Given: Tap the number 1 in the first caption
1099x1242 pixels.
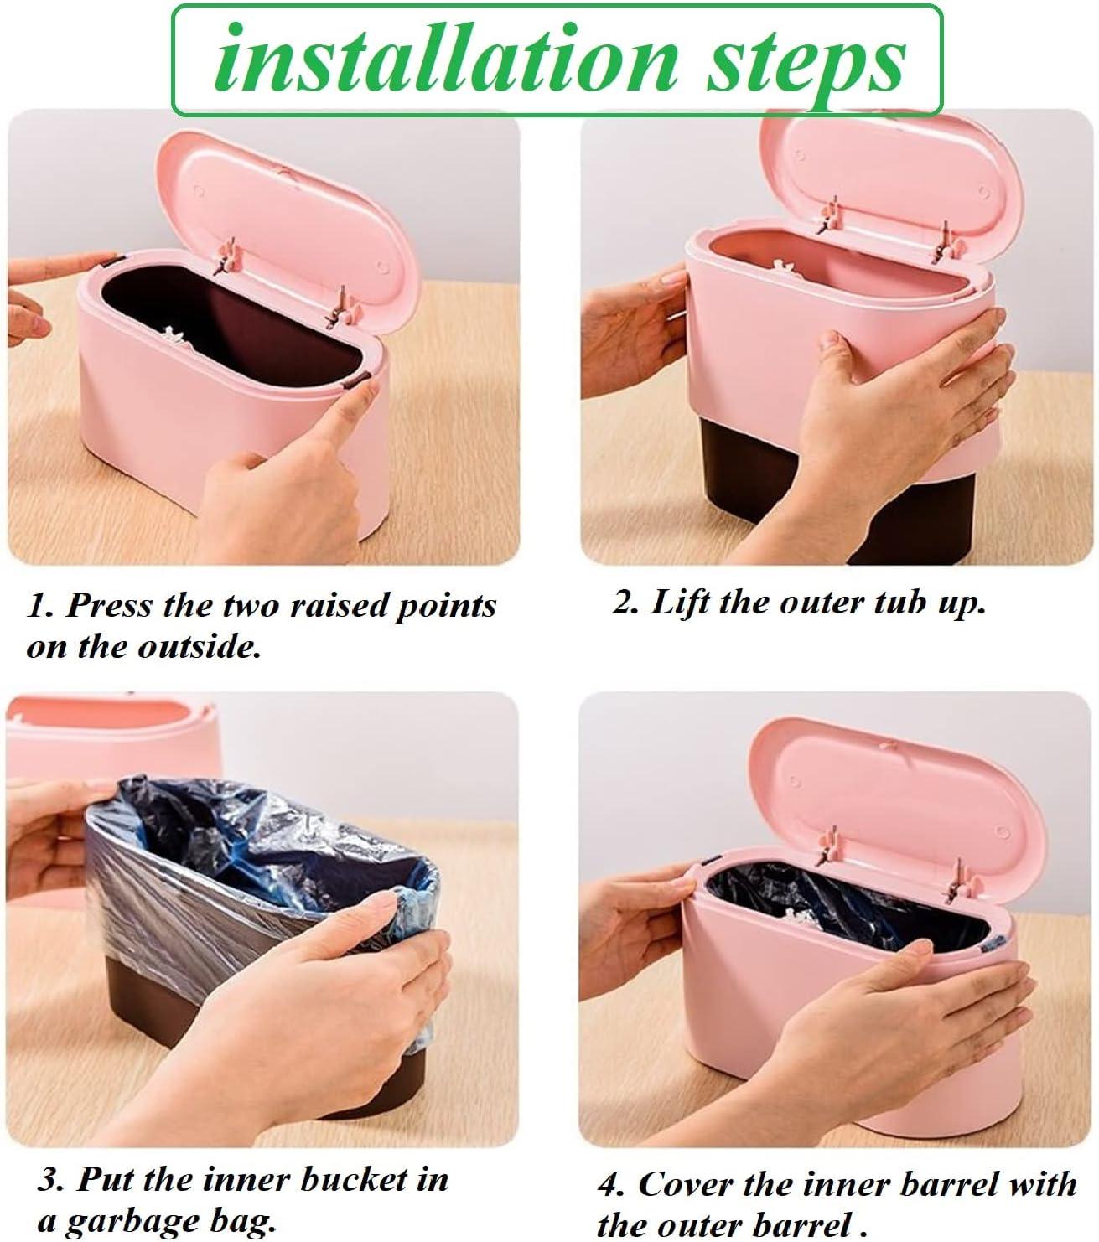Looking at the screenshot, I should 35,606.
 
